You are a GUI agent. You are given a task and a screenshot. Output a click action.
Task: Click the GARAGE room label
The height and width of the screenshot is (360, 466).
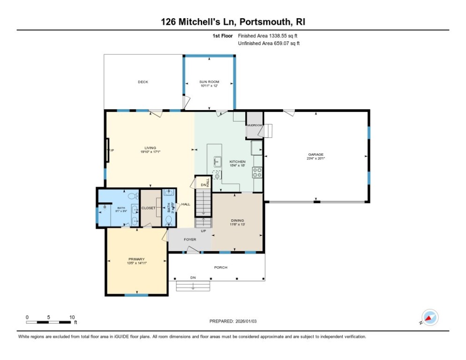316,155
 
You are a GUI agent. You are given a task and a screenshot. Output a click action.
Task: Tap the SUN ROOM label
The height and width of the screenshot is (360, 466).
210,82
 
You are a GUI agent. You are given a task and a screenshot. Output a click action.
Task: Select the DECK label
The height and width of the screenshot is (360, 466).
143,82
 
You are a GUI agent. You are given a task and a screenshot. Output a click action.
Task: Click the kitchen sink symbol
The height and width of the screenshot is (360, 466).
218,161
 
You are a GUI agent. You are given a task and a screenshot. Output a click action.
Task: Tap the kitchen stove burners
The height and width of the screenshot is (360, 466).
257,172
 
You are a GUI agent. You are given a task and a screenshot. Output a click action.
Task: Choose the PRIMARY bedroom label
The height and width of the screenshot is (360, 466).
136,259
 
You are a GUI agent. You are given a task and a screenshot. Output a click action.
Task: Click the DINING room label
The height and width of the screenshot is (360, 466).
238,220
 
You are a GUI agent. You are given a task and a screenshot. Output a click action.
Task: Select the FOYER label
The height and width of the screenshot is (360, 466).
190,240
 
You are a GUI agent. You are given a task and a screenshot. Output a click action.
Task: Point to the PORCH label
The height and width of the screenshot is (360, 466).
221,267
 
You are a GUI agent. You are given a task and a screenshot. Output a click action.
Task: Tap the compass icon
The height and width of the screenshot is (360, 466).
430,317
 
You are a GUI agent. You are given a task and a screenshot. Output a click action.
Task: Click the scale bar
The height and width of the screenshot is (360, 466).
49,322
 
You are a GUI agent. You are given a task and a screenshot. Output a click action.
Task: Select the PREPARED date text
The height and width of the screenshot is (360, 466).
233,321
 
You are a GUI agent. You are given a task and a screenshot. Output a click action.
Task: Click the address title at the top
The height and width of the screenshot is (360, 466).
233,22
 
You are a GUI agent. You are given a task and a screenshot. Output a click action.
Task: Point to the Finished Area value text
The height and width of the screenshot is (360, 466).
269,36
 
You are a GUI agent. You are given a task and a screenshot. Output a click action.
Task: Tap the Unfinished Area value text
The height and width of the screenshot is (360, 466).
269,44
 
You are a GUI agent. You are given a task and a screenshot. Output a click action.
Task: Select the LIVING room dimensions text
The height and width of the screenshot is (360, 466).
150,152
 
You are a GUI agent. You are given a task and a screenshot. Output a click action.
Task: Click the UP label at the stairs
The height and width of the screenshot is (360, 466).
203,231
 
